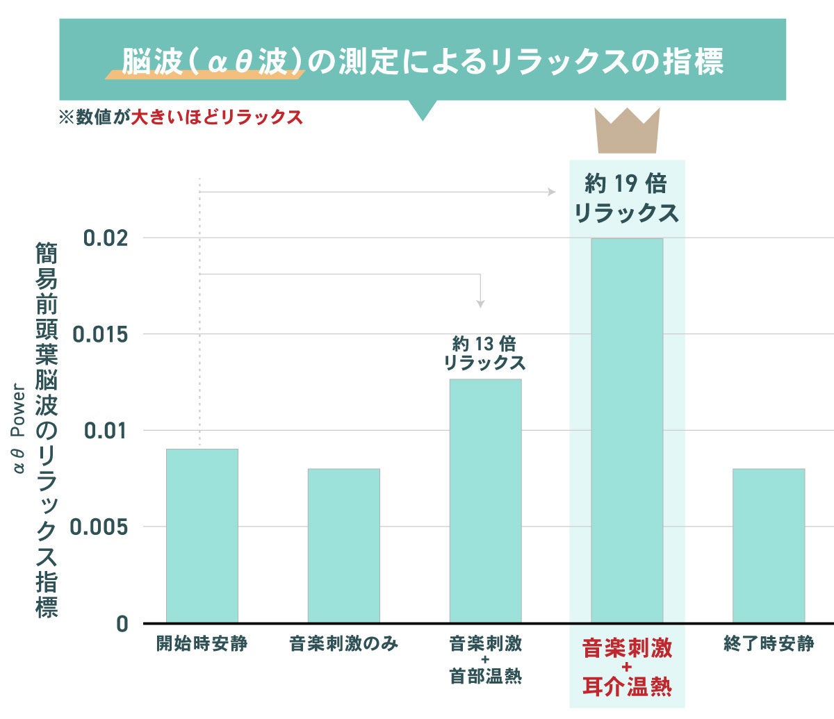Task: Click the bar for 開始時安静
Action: pos(202,535)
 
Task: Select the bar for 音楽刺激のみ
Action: pos(344,545)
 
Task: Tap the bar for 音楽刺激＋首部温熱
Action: pos(485,500)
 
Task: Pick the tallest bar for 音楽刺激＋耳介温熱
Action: pos(627,431)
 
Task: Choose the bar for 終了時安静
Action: pos(769,545)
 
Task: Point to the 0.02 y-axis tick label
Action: pos(106,238)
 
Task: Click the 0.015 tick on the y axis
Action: pos(101,335)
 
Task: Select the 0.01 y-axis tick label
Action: pos(106,431)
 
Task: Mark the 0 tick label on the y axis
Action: pos(122,624)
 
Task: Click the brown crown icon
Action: pos(628,131)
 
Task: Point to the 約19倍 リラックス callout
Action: pos(626,198)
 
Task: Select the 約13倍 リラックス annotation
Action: pos(484,354)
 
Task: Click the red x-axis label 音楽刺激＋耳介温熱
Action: pos(627,668)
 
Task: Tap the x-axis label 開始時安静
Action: pos(202,644)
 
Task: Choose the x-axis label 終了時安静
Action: pos(769,644)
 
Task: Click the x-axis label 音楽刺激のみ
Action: pos(344,644)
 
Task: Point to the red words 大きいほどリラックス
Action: pos(218,117)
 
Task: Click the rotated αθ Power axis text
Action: pos(19,430)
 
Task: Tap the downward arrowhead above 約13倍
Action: pos(480,304)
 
